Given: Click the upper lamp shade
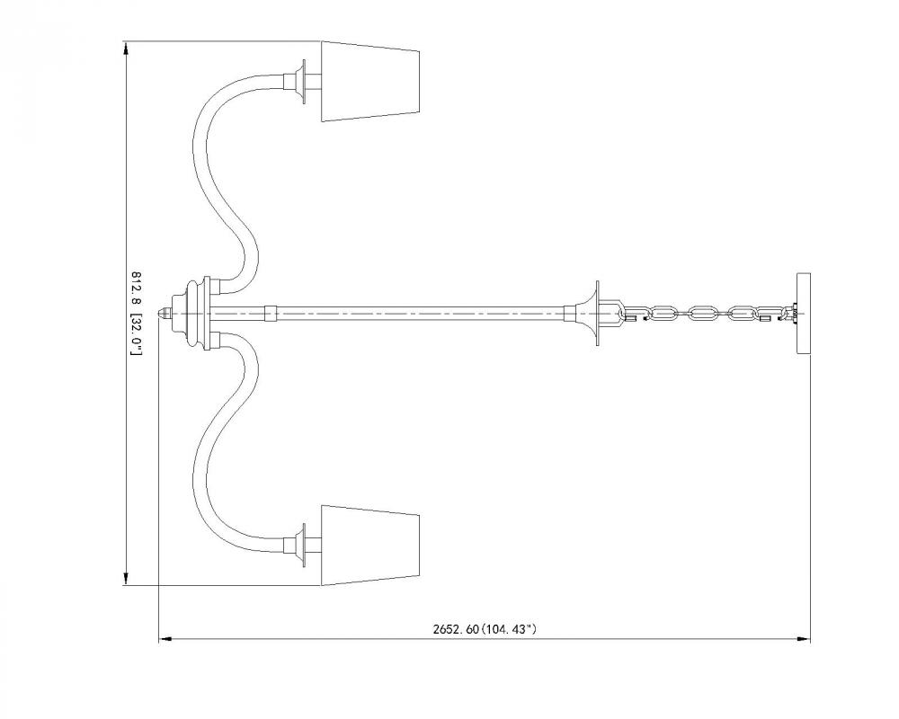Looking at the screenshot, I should [370, 81].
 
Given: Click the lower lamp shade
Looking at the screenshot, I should [370, 545].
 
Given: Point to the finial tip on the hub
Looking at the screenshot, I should [165, 313].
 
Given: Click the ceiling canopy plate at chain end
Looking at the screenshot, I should [803, 313].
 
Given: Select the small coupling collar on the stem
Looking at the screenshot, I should [270, 313].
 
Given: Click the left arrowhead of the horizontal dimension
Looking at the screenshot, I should [163, 640].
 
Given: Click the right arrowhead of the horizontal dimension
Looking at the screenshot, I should [806, 640].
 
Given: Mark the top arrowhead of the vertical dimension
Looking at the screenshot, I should [125, 46].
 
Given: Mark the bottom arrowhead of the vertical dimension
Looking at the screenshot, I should [125, 581].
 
